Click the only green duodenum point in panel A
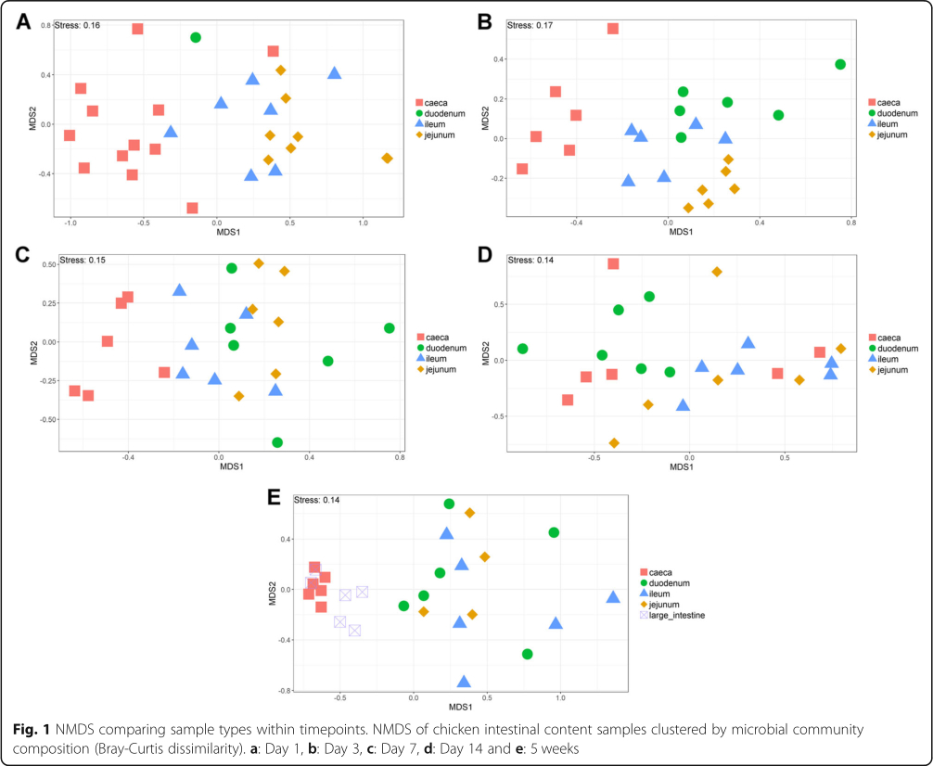[x=196, y=37]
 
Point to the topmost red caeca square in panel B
[x=613, y=29]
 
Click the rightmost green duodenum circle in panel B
[x=840, y=64]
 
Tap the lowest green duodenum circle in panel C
[x=277, y=442]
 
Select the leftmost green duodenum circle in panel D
[x=523, y=349]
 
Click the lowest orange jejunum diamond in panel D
[x=614, y=443]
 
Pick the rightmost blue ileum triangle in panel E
[x=613, y=596]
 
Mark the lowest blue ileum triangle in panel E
[x=464, y=682]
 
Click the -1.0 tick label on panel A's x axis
[x=70, y=223]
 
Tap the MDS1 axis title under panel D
[x=682, y=467]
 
